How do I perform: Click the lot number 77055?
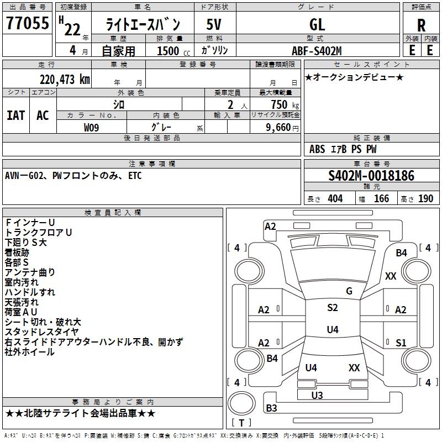pyautogui.click(x=27, y=23)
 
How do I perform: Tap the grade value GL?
pyautogui.click(x=317, y=24)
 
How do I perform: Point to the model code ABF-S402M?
pyautogui.click(x=317, y=50)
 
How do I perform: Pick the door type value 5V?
pyautogui.click(x=214, y=24)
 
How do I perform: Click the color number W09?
pyautogui.click(x=92, y=127)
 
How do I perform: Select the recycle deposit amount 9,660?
pyautogui.click(x=278, y=127)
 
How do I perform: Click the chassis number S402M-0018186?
pyautogui.click(x=371, y=176)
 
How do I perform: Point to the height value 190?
pyautogui.click(x=425, y=198)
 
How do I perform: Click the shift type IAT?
pyautogui.click(x=16, y=115)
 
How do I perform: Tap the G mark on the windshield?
pyautogui.click(x=349, y=291)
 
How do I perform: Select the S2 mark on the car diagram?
pyautogui.click(x=332, y=308)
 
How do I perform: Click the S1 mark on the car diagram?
pyautogui.click(x=401, y=343)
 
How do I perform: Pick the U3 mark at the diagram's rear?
pyautogui.click(x=317, y=395)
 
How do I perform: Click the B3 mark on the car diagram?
pyautogui.click(x=271, y=408)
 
